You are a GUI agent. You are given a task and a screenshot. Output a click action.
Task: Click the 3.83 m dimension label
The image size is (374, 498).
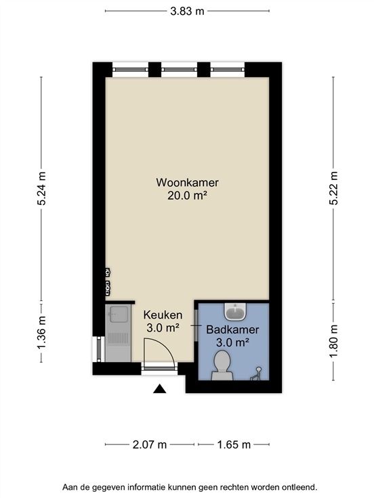click(x=187, y=11)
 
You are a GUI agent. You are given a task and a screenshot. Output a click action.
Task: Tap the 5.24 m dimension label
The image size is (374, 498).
click(x=41, y=188)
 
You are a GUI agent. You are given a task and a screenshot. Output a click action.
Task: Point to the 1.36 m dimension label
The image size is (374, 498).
click(x=41, y=332)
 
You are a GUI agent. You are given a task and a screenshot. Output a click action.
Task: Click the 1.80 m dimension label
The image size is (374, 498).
click(x=333, y=341)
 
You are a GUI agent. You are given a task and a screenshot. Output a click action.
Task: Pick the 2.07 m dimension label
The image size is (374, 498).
click(x=150, y=445)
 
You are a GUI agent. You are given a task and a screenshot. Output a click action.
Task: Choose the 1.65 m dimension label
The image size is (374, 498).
click(x=234, y=445)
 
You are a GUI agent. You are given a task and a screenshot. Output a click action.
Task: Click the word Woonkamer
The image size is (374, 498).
click(x=187, y=183)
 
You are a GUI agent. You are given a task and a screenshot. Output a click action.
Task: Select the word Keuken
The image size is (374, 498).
click(x=163, y=315)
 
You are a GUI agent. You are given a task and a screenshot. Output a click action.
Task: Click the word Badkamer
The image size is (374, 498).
click(x=232, y=330)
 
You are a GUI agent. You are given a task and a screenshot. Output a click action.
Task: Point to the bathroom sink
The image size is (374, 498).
click(x=235, y=311)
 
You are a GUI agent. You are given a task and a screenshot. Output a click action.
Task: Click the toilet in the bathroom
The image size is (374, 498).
click(x=222, y=365)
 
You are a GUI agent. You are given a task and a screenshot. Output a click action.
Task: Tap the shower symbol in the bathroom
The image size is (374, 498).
click(x=256, y=373)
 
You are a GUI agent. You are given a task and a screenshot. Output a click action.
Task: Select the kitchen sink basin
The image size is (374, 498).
click(x=119, y=314)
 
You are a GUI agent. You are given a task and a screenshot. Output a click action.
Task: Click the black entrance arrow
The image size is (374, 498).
click(x=160, y=389)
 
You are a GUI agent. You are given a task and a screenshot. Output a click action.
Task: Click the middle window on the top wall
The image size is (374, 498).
click(x=179, y=69)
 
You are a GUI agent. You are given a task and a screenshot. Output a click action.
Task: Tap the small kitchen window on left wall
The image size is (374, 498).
click(x=99, y=349)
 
